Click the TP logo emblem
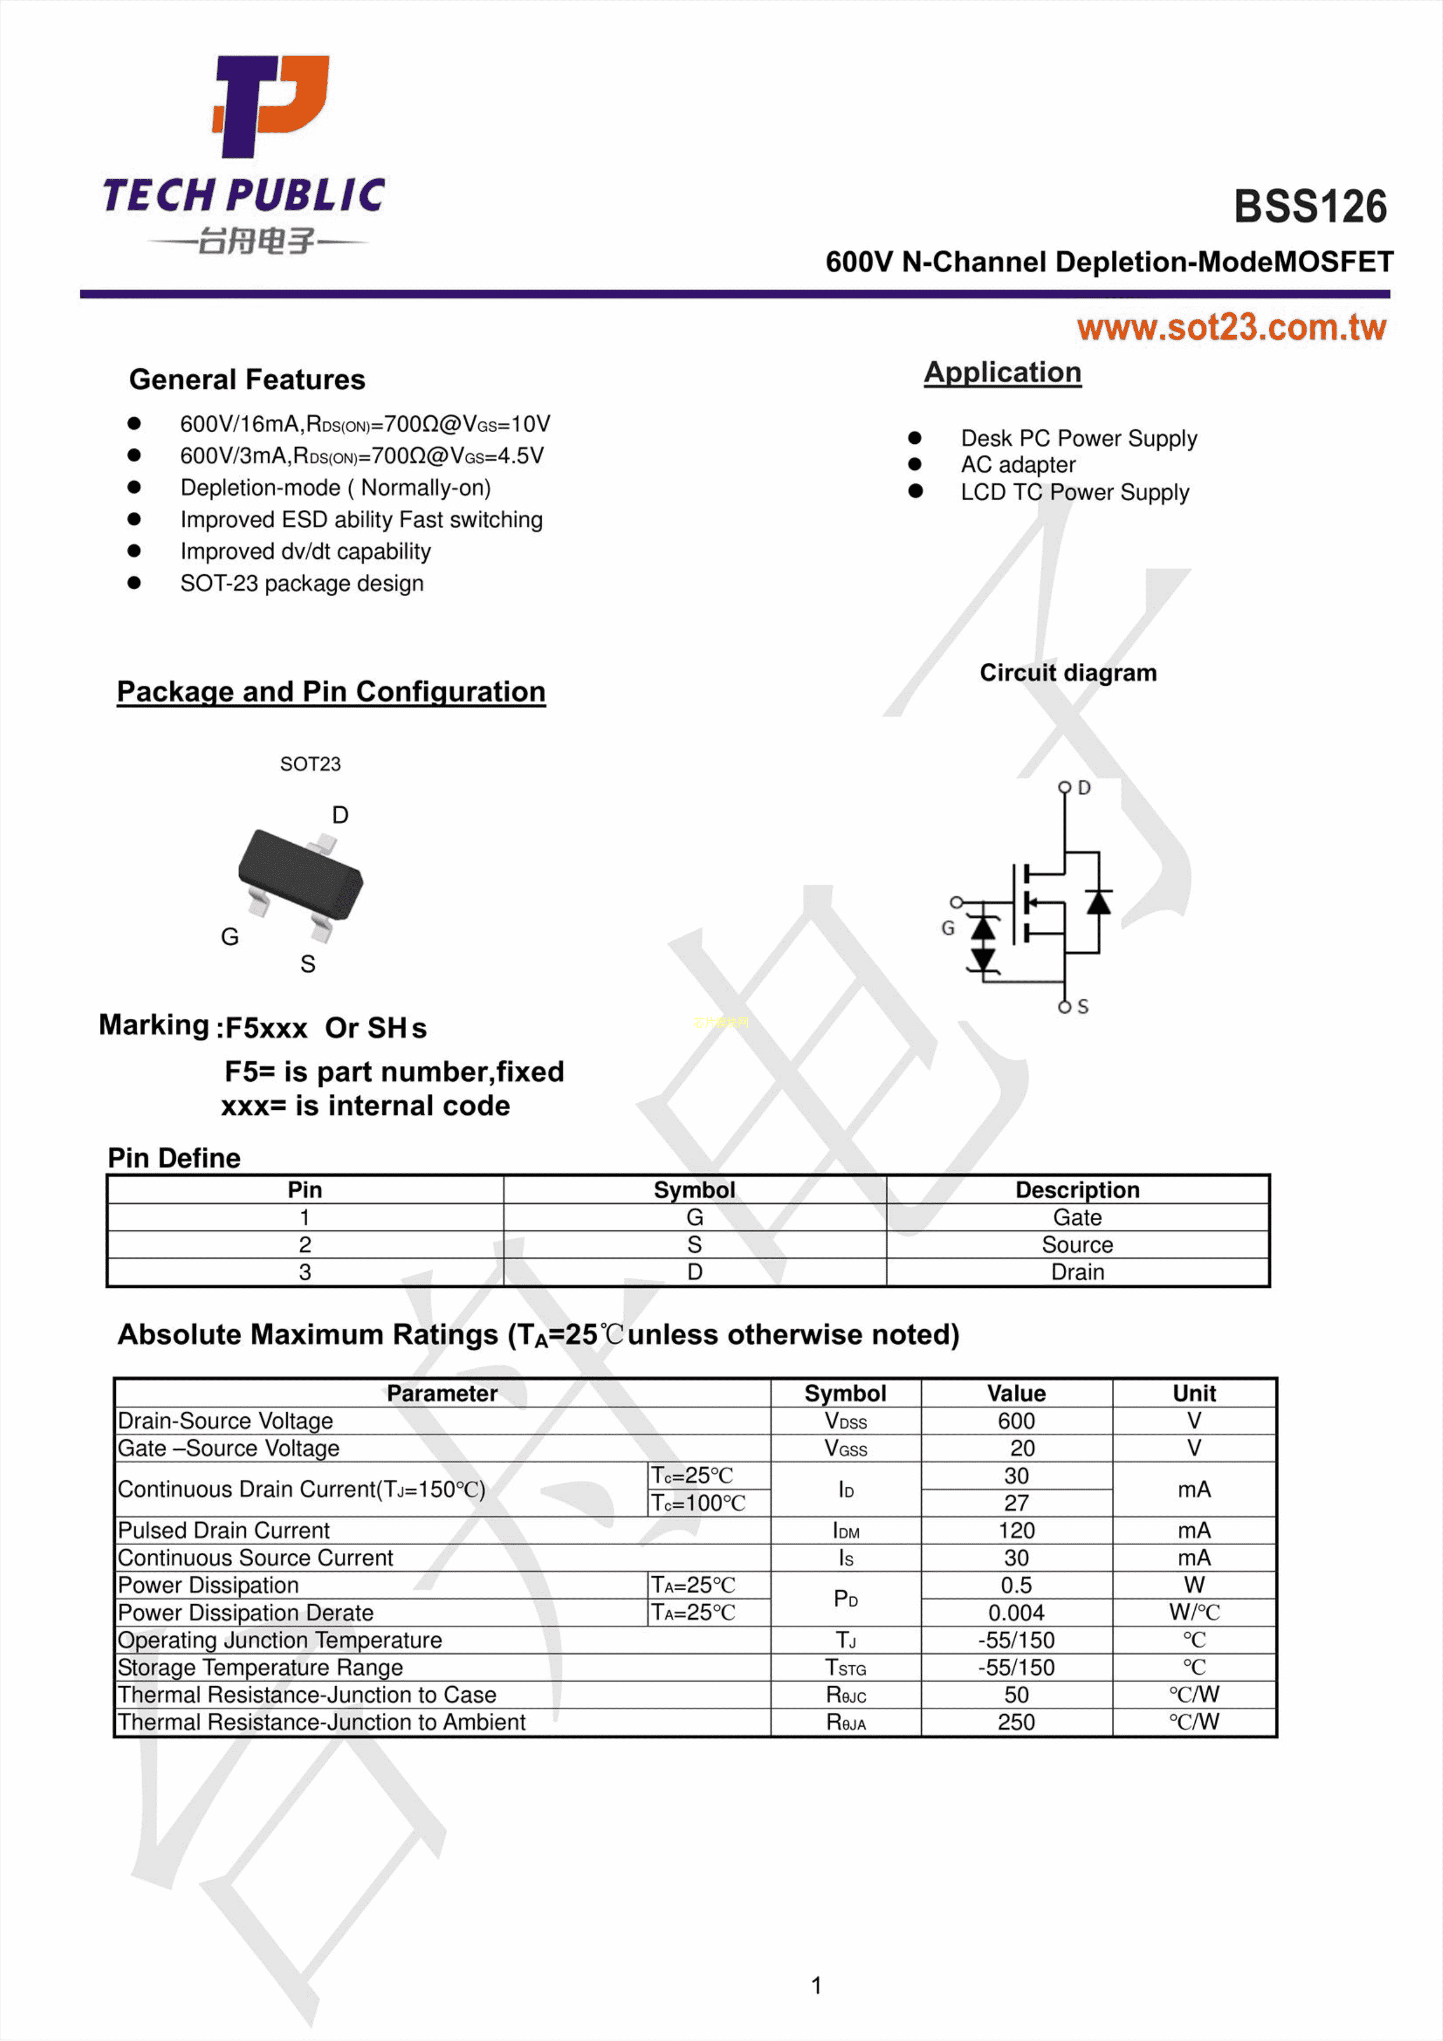point(271,105)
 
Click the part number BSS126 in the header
point(1310,206)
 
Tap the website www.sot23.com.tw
point(1231,328)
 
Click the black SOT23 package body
point(300,874)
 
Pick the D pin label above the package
point(340,815)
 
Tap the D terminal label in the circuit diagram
point(1084,788)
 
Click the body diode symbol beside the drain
point(1099,902)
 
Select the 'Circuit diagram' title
point(1068,673)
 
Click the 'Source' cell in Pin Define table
point(1076,1245)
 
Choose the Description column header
point(1076,1189)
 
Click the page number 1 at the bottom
point(816,1985)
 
